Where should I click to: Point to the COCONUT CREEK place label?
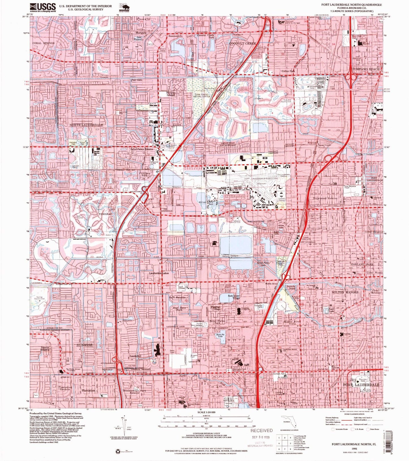pyautogui.click(x=243, y=43)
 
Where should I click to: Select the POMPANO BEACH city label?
pyautogui.click(x=366, y=69)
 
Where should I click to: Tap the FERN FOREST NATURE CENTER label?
pyautogui.click(x=202, y=95)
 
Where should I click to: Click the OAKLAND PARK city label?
pyautogui.click(x=362, y=264)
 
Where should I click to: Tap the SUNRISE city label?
pyautogui.click(x=84, y=345)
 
